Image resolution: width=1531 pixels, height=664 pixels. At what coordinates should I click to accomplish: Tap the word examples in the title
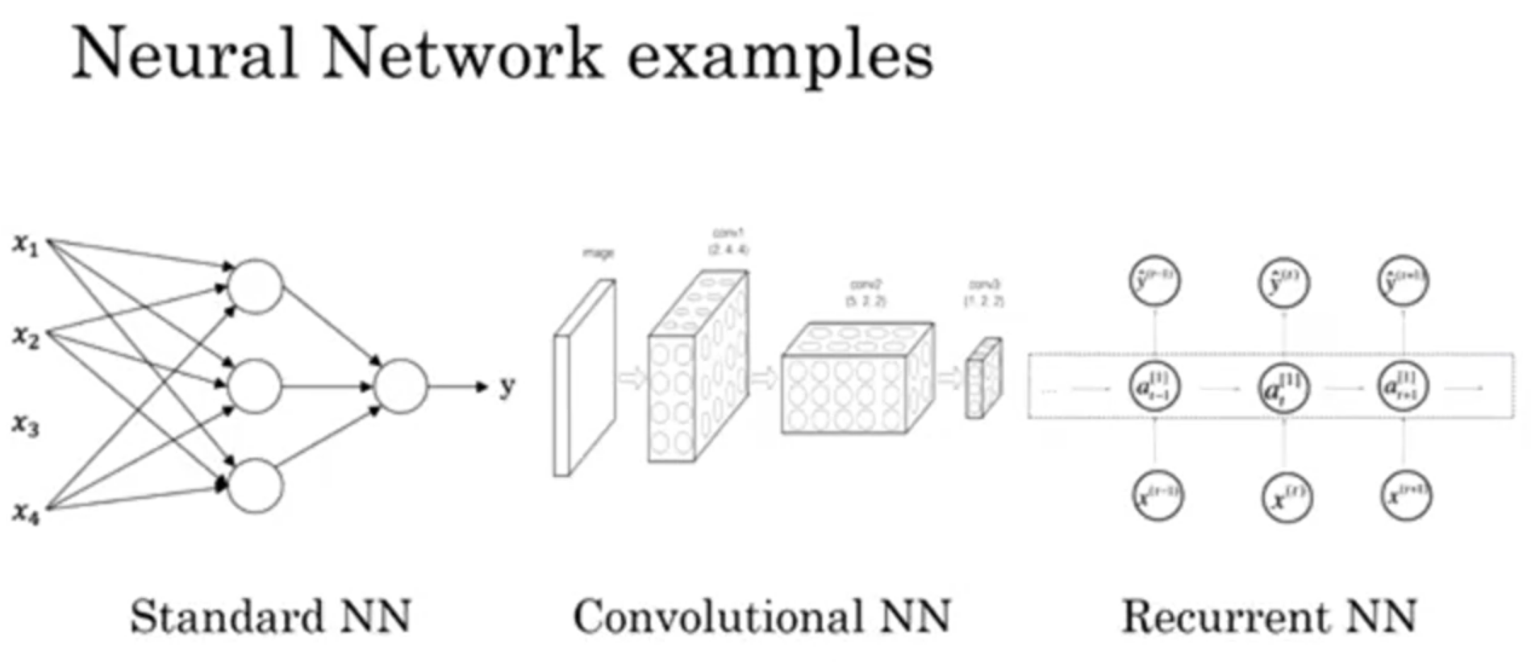[779, 56]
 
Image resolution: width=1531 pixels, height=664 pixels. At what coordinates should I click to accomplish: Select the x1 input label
[26, 244]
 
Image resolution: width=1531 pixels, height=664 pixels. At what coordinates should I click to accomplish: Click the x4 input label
[26, 513]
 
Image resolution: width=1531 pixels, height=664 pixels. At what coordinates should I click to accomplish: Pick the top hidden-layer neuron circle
[256, 286]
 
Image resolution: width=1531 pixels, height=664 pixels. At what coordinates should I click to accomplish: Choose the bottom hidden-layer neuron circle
[256, 486]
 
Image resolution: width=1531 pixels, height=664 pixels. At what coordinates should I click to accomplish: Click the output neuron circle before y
[400, 387]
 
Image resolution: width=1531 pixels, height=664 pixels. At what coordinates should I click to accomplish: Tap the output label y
[507, 387]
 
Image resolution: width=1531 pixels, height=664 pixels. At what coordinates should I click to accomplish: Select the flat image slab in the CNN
[584, 379]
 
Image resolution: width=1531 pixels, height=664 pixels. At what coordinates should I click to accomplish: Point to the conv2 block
[857, 379]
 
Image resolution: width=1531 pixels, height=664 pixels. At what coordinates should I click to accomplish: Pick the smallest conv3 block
[983, 379]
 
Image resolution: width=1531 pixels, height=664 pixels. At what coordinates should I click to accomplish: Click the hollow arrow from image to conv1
[633, 376]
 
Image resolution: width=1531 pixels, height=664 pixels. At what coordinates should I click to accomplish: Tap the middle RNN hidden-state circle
[1283, 388]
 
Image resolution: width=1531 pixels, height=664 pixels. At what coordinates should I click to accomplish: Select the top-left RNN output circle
[1155, 282]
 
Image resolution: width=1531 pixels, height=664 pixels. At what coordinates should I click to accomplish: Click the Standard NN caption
[271, 617]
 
